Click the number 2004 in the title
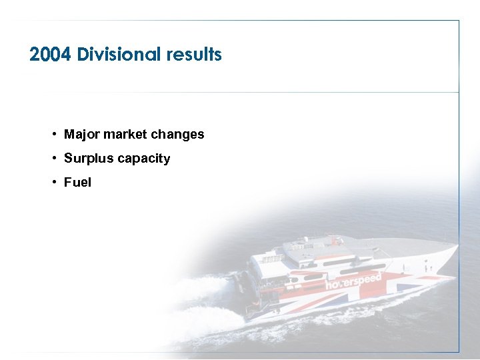[51, 55]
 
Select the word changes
[177, 135]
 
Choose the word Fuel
[77, 183]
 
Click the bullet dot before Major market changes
[53, 135]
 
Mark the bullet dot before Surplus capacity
[53, 159]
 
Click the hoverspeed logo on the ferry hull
[353, 281]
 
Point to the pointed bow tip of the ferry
[456, 248]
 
